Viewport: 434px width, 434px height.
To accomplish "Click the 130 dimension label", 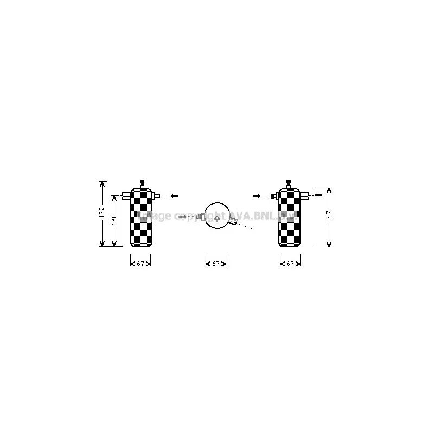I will [x=114, y=220].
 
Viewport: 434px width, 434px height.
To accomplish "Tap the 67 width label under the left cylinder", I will [x=141, y=264].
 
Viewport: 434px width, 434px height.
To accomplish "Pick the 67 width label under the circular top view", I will [x=216, y=264].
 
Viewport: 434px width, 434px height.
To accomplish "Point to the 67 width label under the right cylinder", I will [x=290, y=264].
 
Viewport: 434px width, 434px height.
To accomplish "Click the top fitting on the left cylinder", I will [x=141, y=184].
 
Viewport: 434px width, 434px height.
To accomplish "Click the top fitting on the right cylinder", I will [x=289, y=184].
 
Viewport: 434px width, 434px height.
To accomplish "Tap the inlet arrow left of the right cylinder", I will [x=257, y=195].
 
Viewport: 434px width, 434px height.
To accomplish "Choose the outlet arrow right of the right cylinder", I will [x=321, y=195].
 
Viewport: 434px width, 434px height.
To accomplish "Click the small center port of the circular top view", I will [x=217, y=218].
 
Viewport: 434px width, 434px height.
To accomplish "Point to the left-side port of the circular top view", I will [x=201, y=217].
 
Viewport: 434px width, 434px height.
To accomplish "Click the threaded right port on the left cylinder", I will [x=156, y=195].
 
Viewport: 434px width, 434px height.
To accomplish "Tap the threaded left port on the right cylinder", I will [x=275, y=195].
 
